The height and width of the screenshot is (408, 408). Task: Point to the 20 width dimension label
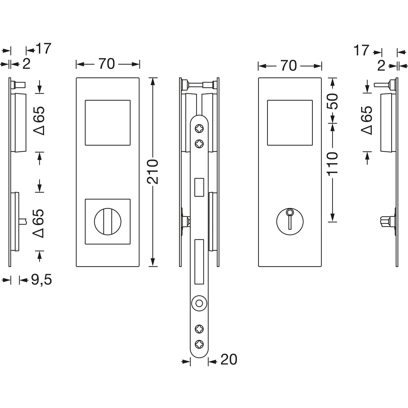229,360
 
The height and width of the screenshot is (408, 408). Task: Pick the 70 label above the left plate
107,64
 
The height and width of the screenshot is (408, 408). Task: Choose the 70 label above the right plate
289,66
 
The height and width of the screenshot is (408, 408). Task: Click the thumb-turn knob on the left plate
107,221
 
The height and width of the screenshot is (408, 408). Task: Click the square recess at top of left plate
107,122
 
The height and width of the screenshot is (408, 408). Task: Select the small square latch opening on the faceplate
199,187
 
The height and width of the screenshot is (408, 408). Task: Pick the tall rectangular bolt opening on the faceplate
199,261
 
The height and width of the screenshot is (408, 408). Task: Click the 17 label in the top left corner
43,49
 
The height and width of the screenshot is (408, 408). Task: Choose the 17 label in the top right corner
361,51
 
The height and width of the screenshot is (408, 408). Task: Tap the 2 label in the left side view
26,64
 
